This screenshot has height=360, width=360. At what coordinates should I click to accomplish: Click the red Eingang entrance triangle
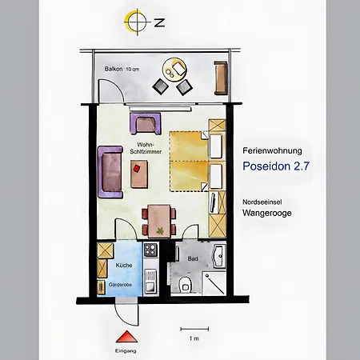click(126, 337)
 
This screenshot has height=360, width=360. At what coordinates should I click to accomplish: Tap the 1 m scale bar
click(194, 329)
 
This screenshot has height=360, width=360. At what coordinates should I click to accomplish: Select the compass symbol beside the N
click(135, 22)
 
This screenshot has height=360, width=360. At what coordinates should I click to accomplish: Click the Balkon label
click(114, 69)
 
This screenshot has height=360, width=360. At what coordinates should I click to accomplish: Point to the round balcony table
click(174, 70)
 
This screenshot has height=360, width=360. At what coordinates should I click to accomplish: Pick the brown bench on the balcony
click(221, 78)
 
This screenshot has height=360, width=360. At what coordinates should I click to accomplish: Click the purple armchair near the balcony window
click(146, 123)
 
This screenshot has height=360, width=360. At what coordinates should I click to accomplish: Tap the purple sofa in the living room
click(110, 172)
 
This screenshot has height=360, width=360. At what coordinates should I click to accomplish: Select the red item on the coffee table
click(137, 168)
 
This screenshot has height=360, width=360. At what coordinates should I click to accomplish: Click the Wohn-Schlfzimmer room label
click(146, 148)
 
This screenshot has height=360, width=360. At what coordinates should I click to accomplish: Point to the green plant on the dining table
click(160, 230)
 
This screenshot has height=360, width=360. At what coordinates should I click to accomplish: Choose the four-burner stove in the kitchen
click(150, 250)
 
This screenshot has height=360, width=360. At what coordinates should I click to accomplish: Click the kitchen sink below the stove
click(150, 281)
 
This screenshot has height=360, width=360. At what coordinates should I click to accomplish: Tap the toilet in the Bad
click(184, 284)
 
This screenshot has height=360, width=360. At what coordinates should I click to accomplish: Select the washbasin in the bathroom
click(219, 256)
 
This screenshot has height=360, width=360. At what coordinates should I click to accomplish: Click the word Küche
click(124, 265)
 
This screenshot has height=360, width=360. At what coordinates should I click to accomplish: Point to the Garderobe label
click(120, 285)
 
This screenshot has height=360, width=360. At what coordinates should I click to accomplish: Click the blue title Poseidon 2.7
click(276, 166)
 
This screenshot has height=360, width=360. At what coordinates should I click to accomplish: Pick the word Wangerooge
click(267, 213)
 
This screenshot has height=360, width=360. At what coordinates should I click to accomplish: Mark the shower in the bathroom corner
click(214, 283)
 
